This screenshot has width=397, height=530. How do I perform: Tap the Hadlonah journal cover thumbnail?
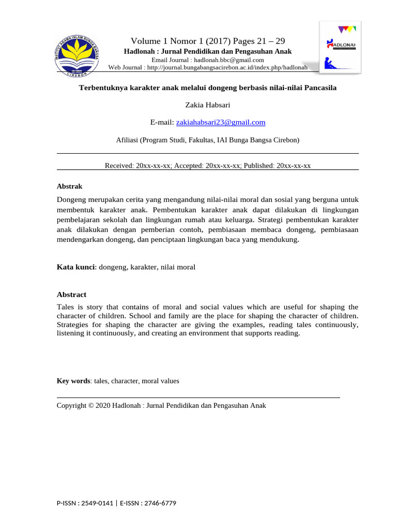pyautogui.click(x=340, y=47)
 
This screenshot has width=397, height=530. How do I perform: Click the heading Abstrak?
pyautogui.click(x=69, y=186)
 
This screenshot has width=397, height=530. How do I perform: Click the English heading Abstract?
pyautogui.click(x=71, y=295)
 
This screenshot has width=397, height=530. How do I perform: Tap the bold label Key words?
pyautogui.click(x=73, y=381)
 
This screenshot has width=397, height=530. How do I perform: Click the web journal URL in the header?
pyautogui.click(x=227, y=68)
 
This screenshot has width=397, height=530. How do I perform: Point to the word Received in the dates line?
pyautogui.click(x=118, y=166)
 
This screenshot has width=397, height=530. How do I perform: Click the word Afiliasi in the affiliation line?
pyautogui.click(x=128, y=140)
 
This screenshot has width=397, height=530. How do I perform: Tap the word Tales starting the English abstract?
pyautogui.click(x=66, y=307)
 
